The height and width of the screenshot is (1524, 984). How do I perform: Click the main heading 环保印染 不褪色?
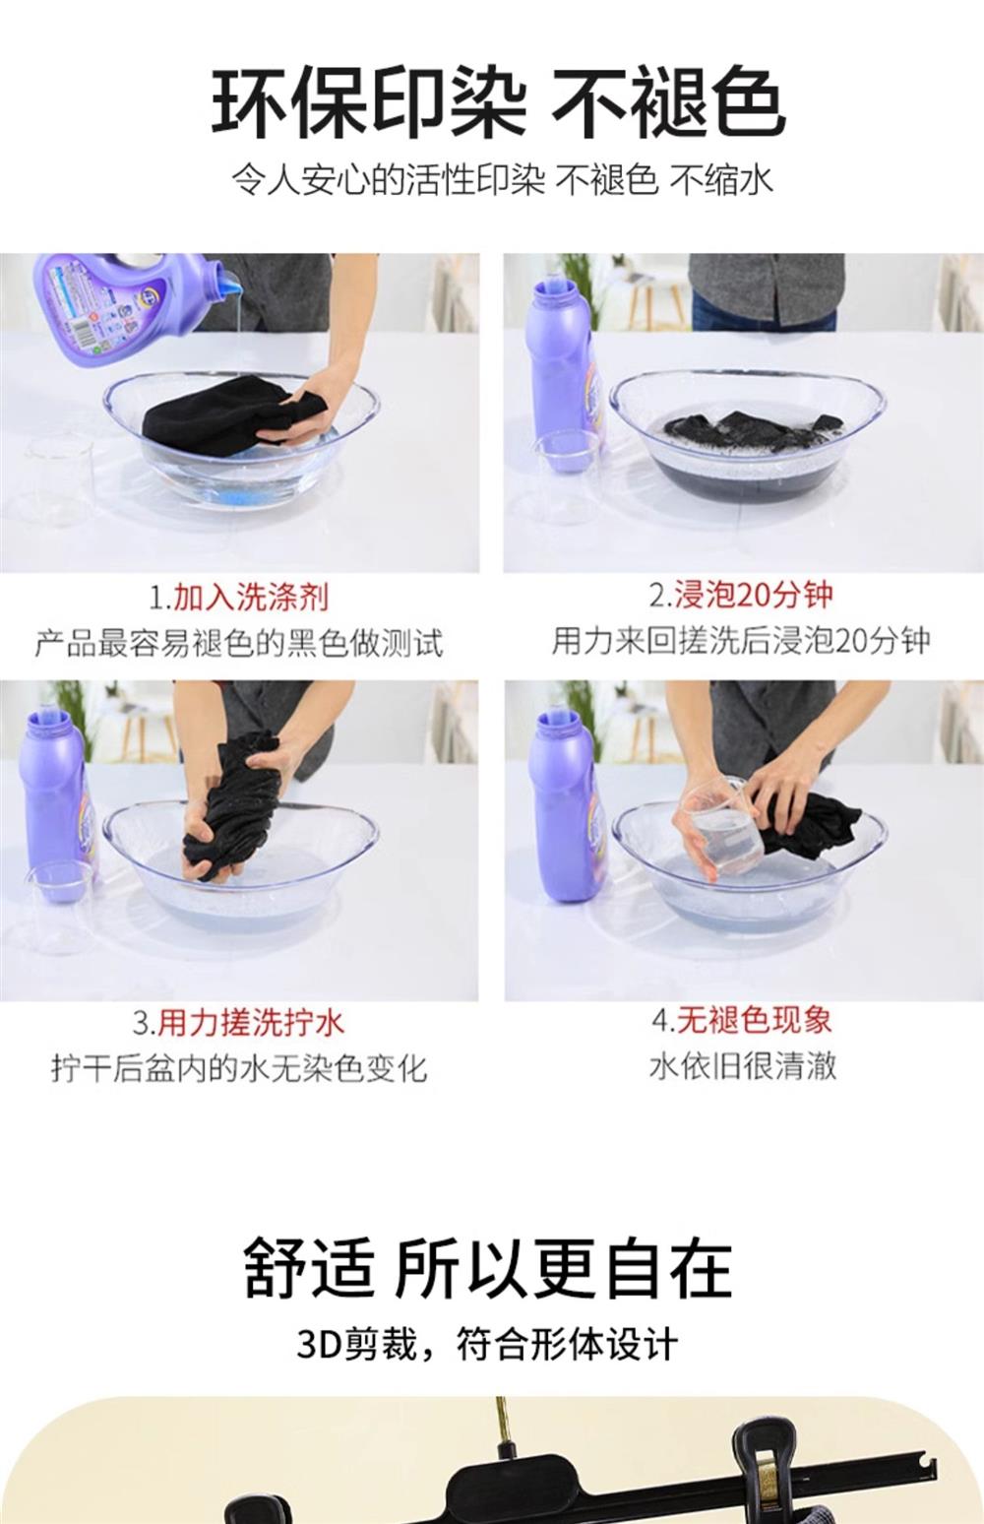click(x=499, y=102)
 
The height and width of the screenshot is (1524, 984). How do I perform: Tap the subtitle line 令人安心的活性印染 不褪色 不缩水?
click(x=503, y=180)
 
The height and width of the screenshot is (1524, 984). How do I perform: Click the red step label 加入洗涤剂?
click(x=250, y=598)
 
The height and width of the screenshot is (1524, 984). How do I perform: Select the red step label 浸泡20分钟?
click(x=754, y=595)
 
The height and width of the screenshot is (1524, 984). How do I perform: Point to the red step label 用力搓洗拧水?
click(x=252, y=1023)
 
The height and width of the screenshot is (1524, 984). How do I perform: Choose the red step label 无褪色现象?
click(x=754, y=1020)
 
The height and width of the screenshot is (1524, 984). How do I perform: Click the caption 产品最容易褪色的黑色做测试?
click(x=239, y=643)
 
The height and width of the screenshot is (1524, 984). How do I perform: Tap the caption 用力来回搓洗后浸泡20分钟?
click(x=741, y=641)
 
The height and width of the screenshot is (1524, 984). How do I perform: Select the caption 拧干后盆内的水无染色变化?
click(x=239, y=1068)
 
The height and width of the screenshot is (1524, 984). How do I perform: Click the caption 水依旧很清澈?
click(x=743, y=1065)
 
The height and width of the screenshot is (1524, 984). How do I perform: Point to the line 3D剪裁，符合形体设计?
click(x=487, y=1345)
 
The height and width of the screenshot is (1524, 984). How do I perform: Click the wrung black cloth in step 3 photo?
click(x=232, y=805)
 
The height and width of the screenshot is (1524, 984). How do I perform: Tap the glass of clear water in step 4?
click(x=721, y=829)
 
